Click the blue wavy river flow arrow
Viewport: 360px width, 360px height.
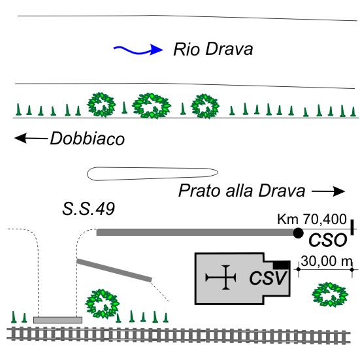(139, 50)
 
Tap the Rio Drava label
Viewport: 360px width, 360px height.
(213, 49)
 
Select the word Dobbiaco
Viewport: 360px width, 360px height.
(88, 139)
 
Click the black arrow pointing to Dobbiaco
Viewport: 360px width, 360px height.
(31, 139)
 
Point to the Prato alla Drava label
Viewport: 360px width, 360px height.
(242, 191)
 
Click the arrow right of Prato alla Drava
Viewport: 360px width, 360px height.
(329, 191)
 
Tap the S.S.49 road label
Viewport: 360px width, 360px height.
(88, 208)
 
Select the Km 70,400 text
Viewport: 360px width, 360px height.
(312, 219)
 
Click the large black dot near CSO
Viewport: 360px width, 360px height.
(298, 233)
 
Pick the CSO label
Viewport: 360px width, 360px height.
(327, 240)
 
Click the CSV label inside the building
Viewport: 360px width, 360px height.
(268, 278)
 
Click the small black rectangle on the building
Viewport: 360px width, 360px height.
(281, 265)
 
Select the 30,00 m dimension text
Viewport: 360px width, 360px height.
(327, 261)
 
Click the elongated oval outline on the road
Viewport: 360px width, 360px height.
(152, 174)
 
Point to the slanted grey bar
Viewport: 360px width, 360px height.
(114, 270)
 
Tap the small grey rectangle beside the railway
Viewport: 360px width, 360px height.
(58, 320)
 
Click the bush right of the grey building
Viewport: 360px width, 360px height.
(330, 295)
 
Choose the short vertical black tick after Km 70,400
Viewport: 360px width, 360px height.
(352, 227)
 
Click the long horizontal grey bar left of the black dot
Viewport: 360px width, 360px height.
(195, 233)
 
